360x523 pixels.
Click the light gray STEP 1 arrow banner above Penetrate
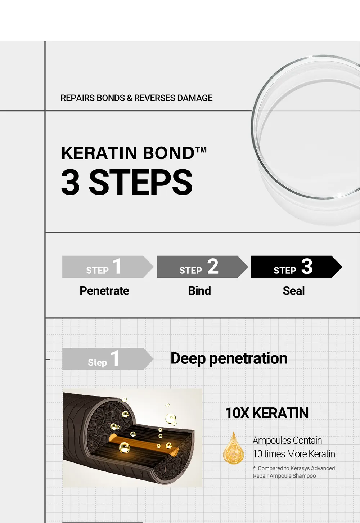click(108, 267)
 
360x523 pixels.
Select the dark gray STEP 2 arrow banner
click(202, 267)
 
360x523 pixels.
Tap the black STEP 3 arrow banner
click(296, 267)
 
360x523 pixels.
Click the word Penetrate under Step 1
click(104, 291)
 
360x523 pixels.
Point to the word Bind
click(199, 291)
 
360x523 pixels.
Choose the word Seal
click(293, 291)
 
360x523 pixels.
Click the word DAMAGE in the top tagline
click(195, 98)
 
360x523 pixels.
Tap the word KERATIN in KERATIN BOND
click(99, 153)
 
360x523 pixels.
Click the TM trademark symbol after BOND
click(201, 149)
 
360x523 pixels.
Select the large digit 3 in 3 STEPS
click(70, 182)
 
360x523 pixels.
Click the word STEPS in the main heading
click(141, 182)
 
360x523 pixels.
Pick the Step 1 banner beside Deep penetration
click(108, 359)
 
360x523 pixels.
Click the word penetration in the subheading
click(248, 359)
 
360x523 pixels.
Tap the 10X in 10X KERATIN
click(237, 413)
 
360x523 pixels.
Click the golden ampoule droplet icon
click(233, 448)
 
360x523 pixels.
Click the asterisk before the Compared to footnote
click(254, 468)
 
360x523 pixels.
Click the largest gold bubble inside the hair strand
click(124, 447)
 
